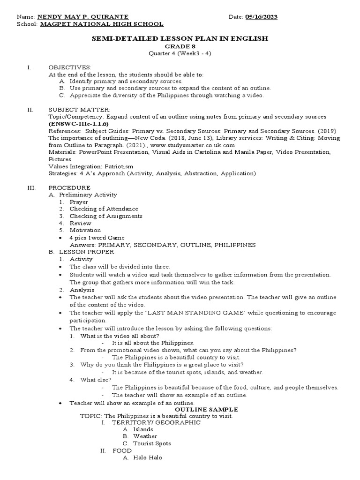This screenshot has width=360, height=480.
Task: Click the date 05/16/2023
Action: click(x=261, y=17)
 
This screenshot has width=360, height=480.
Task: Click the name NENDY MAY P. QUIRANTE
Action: click(x=82, y=17)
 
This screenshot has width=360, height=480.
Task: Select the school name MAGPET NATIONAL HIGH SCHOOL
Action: click(x=101, y=24)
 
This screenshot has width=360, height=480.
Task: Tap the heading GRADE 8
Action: click(x=180, y=46)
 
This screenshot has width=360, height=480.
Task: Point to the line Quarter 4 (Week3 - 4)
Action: click(x=180, y=53)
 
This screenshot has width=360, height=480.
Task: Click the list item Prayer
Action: click(x=79, y=202)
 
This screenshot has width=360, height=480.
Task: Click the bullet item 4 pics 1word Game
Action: click(x=97, y=238)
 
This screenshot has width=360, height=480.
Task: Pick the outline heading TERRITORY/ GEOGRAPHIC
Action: click(x=156, y=422)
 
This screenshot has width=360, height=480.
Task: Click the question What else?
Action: click(x=96, y=380)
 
